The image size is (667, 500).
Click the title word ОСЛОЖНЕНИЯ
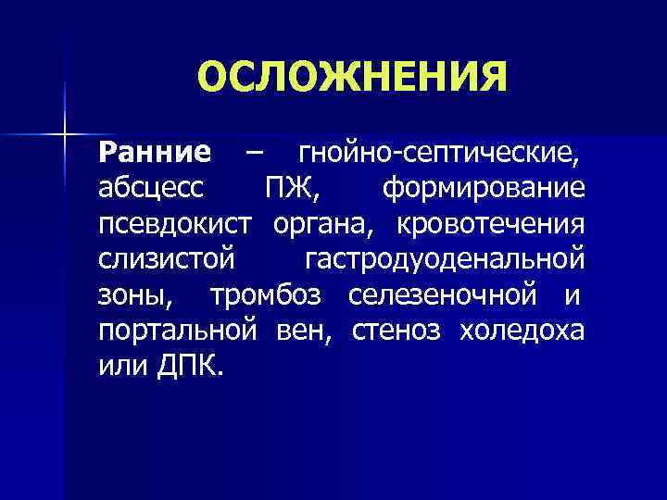tap(352, 78)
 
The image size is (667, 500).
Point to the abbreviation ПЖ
tap(288, 188)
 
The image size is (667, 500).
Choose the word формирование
tap(483, 188)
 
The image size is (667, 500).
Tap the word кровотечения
tap(492, 225)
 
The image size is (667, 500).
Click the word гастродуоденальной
tap(444, 260)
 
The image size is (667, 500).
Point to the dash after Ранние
tap(254, 151)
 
